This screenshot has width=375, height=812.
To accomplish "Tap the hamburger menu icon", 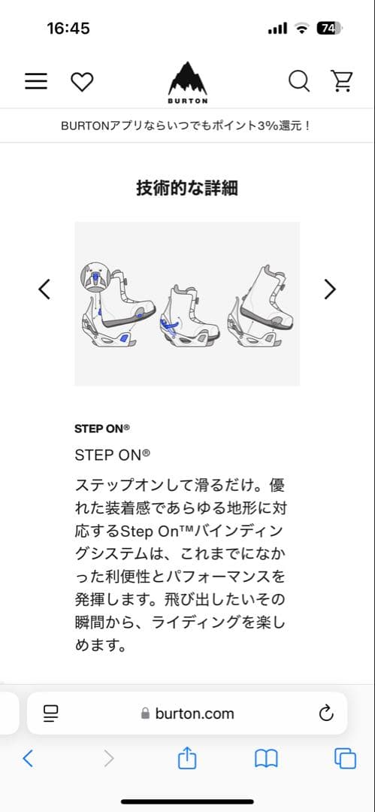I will [36, 82].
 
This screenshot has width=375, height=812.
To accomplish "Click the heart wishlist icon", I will [82, 82].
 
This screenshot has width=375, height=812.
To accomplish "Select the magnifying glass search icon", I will [299, 81].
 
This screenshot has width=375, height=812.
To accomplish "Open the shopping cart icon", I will [342, 81].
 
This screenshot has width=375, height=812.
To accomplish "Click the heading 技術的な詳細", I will [187, 188].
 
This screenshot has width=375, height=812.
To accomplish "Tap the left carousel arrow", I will [44, 289].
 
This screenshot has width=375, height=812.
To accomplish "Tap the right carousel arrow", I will [329, 289].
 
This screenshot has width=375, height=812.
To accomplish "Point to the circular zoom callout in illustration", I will [95, 276].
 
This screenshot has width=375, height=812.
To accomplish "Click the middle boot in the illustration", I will [186, 316].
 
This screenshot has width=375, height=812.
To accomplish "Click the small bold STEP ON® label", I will [102, 429].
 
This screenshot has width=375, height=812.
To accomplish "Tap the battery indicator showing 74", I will [329, 29].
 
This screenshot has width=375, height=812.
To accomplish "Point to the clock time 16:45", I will [68, 29].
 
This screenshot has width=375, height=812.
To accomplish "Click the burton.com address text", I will [194, 714].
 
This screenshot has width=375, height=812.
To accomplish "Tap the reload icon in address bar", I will [326, 714].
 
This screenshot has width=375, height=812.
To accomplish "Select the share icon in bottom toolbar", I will [186, 759].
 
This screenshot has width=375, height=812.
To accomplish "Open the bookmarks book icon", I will [266, 759].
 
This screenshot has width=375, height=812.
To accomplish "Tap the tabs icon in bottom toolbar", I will [345, 759].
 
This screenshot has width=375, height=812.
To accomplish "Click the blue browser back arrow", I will [28, 759].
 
